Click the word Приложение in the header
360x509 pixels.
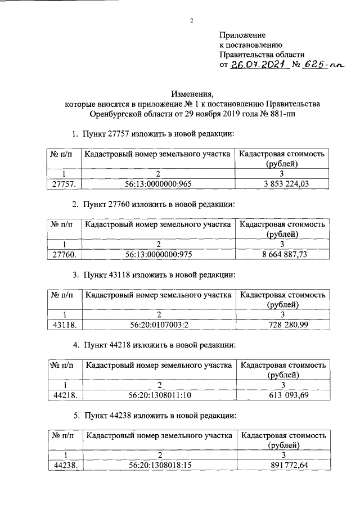(x=242, y=35)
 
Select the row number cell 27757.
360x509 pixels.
(x=64, y=184)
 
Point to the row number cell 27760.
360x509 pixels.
(x=64, y=254)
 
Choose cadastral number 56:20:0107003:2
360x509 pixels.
(x=159, y=325)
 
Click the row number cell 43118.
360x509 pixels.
(x=64, y=325)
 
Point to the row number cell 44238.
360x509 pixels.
(x=64, y=466)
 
